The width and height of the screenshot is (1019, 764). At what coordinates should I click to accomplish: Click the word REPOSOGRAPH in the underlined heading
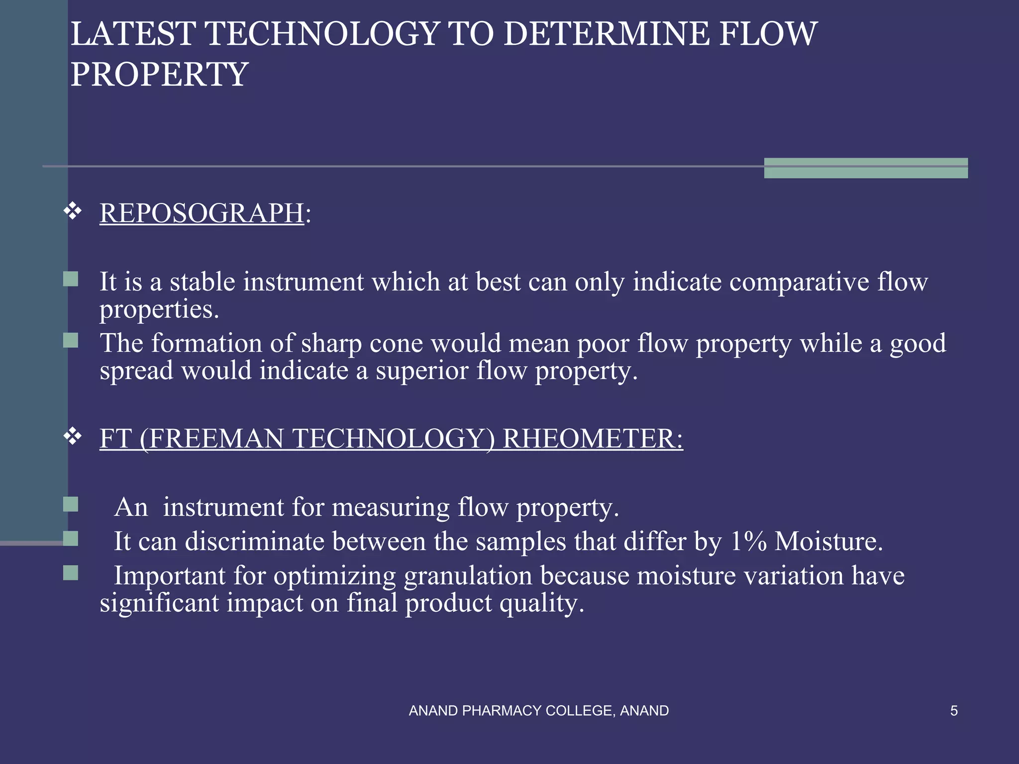pos(202,214)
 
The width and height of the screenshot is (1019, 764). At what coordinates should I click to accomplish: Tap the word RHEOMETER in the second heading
pos(592,439)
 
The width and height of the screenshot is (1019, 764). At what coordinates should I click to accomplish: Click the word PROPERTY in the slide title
pos(159,75)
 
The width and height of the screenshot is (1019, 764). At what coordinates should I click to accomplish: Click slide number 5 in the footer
pos(954,711)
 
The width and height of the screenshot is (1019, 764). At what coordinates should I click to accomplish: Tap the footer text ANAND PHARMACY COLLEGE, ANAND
pos(538,711)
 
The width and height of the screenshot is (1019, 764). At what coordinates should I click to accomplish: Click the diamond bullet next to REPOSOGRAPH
pos(73,211)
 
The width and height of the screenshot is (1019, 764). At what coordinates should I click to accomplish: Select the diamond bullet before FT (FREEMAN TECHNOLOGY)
pos(73,437)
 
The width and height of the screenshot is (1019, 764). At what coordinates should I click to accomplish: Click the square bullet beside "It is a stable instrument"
pos(71,279)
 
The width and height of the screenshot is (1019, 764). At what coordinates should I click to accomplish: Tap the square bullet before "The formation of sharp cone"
pos(71,341)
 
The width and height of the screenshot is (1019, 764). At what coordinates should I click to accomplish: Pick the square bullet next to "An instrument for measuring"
pos(71,504)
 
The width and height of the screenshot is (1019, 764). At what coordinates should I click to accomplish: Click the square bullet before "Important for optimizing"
pos(71,573)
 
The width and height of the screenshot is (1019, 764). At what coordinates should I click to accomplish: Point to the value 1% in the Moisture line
pos(748,541)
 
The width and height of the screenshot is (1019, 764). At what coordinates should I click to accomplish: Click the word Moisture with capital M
pos(828,541)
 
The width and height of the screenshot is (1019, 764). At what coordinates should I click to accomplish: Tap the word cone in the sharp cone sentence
pos(396,344)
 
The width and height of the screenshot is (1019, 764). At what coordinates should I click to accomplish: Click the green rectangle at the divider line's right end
pos(866,168)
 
